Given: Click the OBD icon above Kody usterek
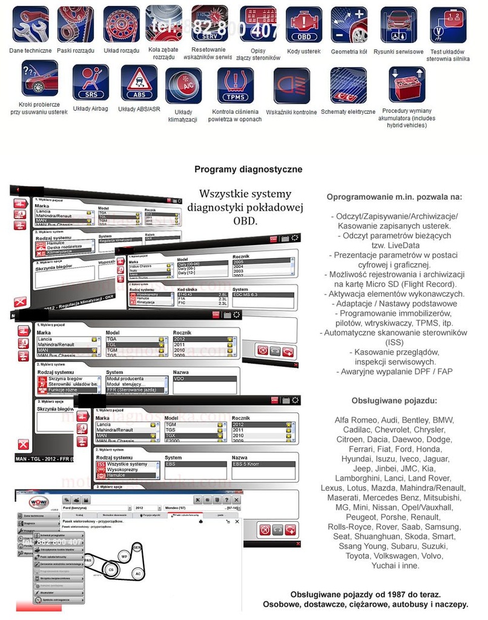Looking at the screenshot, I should pos(303,25).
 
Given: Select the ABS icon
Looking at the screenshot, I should pos(139,82).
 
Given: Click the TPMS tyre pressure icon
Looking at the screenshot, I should pos(236,85).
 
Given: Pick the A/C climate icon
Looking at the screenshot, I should pos(183,86).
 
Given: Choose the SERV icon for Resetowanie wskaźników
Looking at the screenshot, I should pos(209,24).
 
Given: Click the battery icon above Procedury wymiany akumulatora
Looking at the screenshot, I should pos(406,85).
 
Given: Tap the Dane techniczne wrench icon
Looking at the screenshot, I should pos(30,24).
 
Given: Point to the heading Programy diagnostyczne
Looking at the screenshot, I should pos(248,170).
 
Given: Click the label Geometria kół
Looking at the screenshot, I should pos(349,51).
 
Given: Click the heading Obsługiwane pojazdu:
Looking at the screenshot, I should pos(394,401).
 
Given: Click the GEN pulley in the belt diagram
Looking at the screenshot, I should pos(137,547).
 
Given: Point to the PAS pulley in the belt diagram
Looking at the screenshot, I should pos(88,561).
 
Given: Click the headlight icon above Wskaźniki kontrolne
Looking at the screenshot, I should pos(291,85).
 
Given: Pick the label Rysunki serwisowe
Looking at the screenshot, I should pos(398,51).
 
